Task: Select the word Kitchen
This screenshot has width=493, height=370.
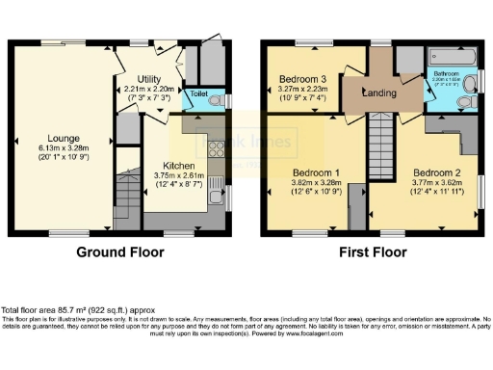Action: pyautogui.click(x=173, y=164)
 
